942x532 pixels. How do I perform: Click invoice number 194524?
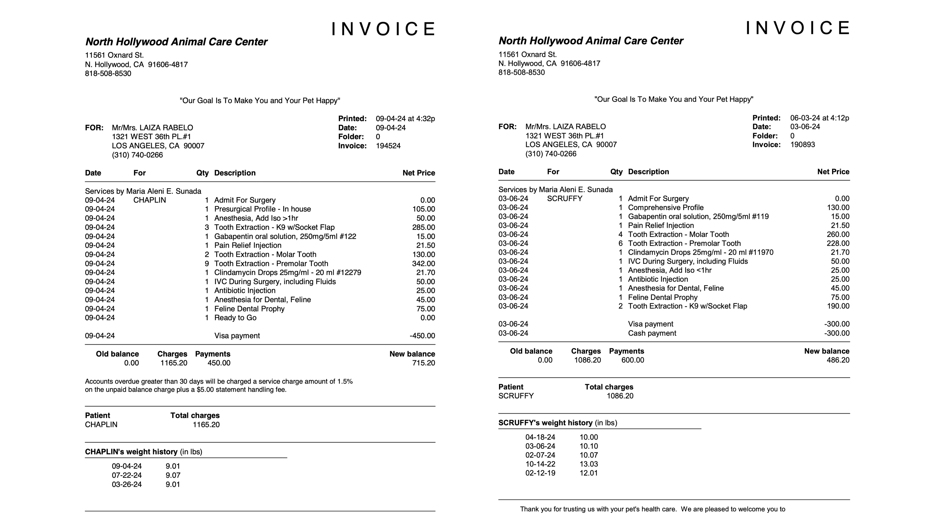click(388, 146)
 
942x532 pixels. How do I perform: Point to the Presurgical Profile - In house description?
click(262, 209)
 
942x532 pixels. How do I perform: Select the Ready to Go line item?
click(235, 318)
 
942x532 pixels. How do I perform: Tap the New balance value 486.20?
click(838, 360)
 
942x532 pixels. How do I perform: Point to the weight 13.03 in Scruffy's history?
click(588, 464)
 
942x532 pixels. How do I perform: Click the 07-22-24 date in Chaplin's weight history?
click(126, 475)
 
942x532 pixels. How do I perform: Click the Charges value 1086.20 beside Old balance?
click(587, 360)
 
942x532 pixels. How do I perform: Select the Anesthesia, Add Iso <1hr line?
click(670, 270)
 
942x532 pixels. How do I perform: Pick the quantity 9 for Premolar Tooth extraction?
click(207, 264)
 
